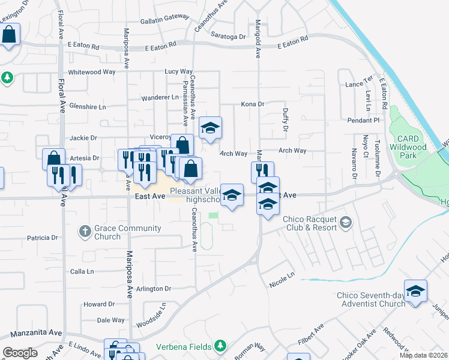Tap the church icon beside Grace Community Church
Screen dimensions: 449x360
pos(85,230)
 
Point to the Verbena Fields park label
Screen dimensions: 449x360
pos(184,346)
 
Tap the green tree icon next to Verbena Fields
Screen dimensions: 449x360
pos(220,346)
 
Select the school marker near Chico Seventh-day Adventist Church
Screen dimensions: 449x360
pos(415,291)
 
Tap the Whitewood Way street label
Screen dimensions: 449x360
pos(92,72)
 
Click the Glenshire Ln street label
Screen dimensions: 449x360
pos(87,107)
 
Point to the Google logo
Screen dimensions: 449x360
pos(20,353)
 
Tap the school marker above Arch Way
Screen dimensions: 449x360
pos(210,128)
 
